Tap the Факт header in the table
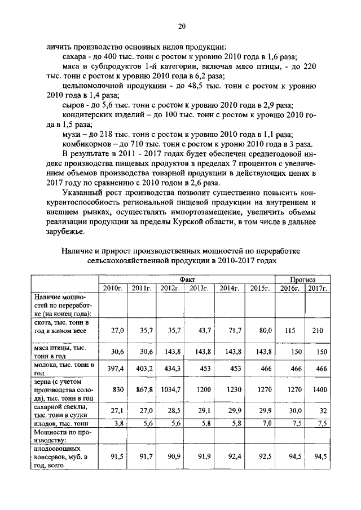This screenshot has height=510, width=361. [x=187, y=279]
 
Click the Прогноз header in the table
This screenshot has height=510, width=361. [x=303, y=279]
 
